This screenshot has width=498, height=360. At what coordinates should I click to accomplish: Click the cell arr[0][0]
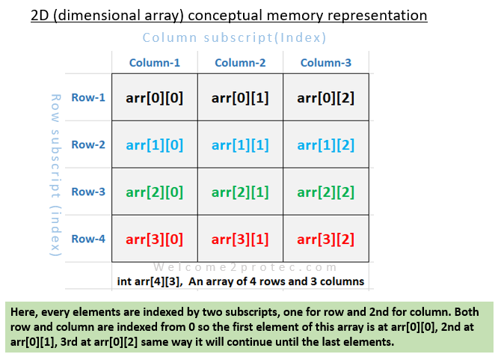154,97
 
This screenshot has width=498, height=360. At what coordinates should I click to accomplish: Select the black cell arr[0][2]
326,97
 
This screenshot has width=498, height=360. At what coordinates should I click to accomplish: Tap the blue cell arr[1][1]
240,144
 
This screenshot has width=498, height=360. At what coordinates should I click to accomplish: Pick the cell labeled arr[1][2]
326,144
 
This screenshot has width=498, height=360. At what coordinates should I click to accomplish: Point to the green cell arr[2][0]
154,192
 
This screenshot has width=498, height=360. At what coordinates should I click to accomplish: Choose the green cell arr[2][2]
326,192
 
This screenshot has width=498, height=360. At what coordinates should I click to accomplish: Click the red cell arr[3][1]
240,239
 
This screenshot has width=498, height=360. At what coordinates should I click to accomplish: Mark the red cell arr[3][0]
154,239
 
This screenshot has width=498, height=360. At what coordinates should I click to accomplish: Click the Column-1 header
154,63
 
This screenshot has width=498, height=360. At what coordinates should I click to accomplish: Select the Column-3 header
326,63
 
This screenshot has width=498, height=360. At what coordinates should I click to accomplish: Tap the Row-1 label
88,97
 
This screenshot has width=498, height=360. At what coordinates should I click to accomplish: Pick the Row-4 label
88,239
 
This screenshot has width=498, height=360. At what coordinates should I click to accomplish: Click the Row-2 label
88,144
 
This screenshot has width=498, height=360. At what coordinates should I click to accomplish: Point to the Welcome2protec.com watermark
239,266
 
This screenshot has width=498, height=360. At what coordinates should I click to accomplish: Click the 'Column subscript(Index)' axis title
234,37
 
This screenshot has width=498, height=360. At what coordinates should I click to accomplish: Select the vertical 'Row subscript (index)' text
54,176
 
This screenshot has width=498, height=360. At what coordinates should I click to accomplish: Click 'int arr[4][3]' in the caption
149,281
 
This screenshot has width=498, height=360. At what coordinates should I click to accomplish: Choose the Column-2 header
240,63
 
